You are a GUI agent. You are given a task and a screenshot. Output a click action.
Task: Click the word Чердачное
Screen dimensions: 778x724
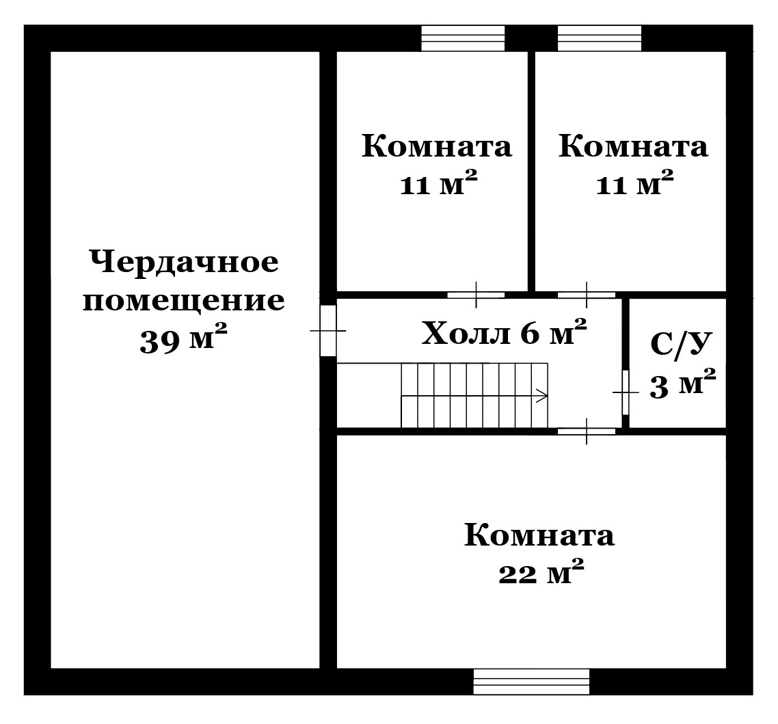pos(184,262)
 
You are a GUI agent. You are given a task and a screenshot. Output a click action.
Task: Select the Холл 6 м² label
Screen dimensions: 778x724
pos(504,332)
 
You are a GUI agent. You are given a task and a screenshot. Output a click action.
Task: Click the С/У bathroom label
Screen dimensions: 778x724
pos(681,343)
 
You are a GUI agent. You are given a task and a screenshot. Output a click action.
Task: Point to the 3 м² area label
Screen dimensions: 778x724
pos(683,383)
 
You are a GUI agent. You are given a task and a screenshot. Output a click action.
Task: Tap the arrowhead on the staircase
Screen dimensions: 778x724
pos(543,396)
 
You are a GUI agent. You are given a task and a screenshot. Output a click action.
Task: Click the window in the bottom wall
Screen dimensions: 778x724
pos(531,682)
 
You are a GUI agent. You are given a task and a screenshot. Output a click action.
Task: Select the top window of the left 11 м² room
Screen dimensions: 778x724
pos(463,38)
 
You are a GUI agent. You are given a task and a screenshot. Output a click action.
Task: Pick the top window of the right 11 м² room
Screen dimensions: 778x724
pos(600,38)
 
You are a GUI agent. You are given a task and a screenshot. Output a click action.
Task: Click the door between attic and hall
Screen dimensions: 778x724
pos(328,330)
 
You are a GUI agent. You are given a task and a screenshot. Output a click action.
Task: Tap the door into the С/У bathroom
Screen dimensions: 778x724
pos(625,392)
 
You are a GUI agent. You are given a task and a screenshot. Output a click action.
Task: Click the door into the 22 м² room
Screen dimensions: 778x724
pos(587,431)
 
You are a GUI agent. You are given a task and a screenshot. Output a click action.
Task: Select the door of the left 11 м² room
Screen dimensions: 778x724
pos(476,295)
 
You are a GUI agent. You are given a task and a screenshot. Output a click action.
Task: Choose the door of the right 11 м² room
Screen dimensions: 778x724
pos(587,295)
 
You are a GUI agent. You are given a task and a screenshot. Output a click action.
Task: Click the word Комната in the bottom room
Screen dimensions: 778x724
pos(539,535)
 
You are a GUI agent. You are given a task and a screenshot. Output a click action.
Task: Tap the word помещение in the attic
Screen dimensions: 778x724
pos(184,301)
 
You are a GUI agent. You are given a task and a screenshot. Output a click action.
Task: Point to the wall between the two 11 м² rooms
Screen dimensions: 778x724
pos(531,171)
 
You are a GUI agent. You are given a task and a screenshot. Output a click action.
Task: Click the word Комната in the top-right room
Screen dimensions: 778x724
pos(633,146)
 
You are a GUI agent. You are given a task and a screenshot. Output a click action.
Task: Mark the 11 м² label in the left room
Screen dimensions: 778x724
pos(439,184)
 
